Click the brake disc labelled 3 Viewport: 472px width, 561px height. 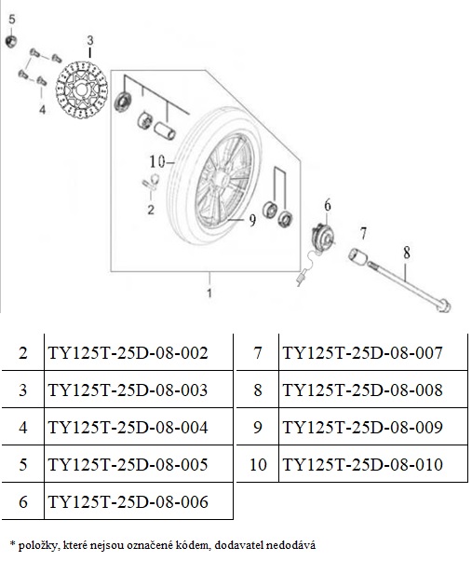tap(82, 89)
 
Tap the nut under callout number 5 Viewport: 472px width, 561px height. tap(11, 41)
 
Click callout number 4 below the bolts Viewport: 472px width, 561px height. tap(42, 109)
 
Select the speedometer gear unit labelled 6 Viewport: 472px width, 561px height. tap(322, 236)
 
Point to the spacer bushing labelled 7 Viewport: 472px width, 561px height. tap(357, 256)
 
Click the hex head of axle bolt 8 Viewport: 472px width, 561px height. tap(444, 307)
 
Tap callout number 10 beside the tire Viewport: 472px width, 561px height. tap(157, 162)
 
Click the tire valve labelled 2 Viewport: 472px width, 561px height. tap(151, 182)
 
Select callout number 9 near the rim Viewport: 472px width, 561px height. tap(252, 220)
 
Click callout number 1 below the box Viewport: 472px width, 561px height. tap(209, 293)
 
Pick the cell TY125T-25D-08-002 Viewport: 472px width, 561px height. tap(128, 353)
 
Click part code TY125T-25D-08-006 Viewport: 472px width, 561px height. tap(128, 501)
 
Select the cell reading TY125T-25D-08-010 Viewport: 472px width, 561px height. tap(363, 464)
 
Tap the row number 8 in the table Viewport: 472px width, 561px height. tap(258, 390)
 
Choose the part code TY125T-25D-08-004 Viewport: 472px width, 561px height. tap(128, 427)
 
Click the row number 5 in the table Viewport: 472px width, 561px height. tap(23, 464)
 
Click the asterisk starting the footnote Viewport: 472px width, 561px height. tap(12, 544)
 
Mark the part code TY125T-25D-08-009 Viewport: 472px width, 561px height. tap(363, 427)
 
